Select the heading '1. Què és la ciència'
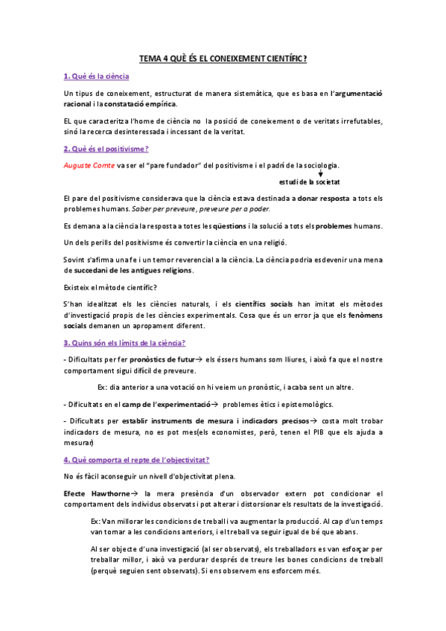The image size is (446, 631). (96, 77)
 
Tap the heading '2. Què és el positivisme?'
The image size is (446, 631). (105, 150)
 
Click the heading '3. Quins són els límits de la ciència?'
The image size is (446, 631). (125, 342)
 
